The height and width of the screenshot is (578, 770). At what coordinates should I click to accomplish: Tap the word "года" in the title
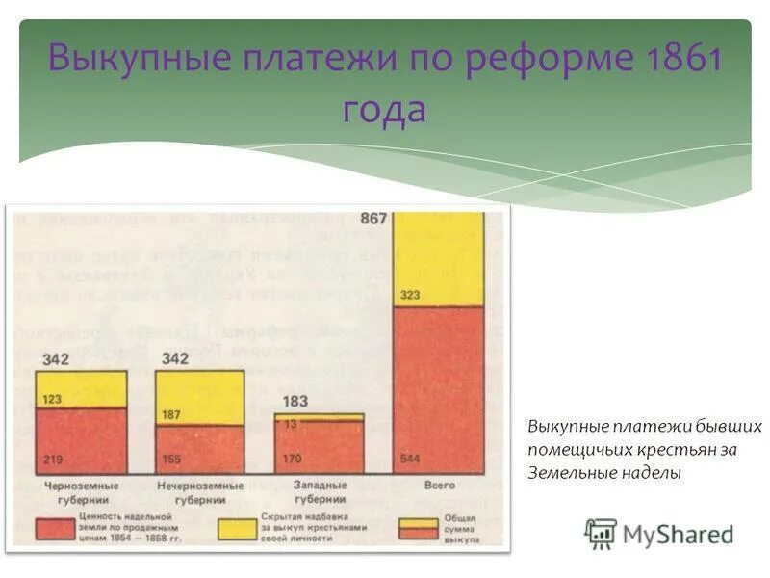pyautogui.click(x=384, y=109)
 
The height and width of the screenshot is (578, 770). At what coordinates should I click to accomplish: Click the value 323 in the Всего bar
pyautogui.click(x=409, y=295)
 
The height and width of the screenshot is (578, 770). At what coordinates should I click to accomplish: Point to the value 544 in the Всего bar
pyautogui.click(x=409, y=460)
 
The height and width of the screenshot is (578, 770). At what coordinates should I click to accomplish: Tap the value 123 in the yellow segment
pyautogui.click(x=52, y=398)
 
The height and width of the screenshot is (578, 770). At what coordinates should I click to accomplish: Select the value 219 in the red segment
pyautogui.click(x=52, y=460)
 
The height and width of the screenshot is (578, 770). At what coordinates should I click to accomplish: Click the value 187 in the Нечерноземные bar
pyautogui.click(x=170, y=414)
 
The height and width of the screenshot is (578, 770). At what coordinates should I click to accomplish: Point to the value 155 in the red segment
pyautogui.click(x=170, y=460)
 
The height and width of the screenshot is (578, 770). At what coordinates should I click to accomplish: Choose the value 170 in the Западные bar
pyautogui.click(x=290, y=460)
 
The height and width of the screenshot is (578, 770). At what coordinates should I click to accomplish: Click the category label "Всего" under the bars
pyautogui.click(x=439, y=486)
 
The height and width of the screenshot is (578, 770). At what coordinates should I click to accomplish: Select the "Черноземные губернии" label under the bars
pyautogui.click(x=81, y=492)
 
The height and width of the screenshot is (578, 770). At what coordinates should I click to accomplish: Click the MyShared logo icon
pyautogui.click(x=601, y=533)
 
